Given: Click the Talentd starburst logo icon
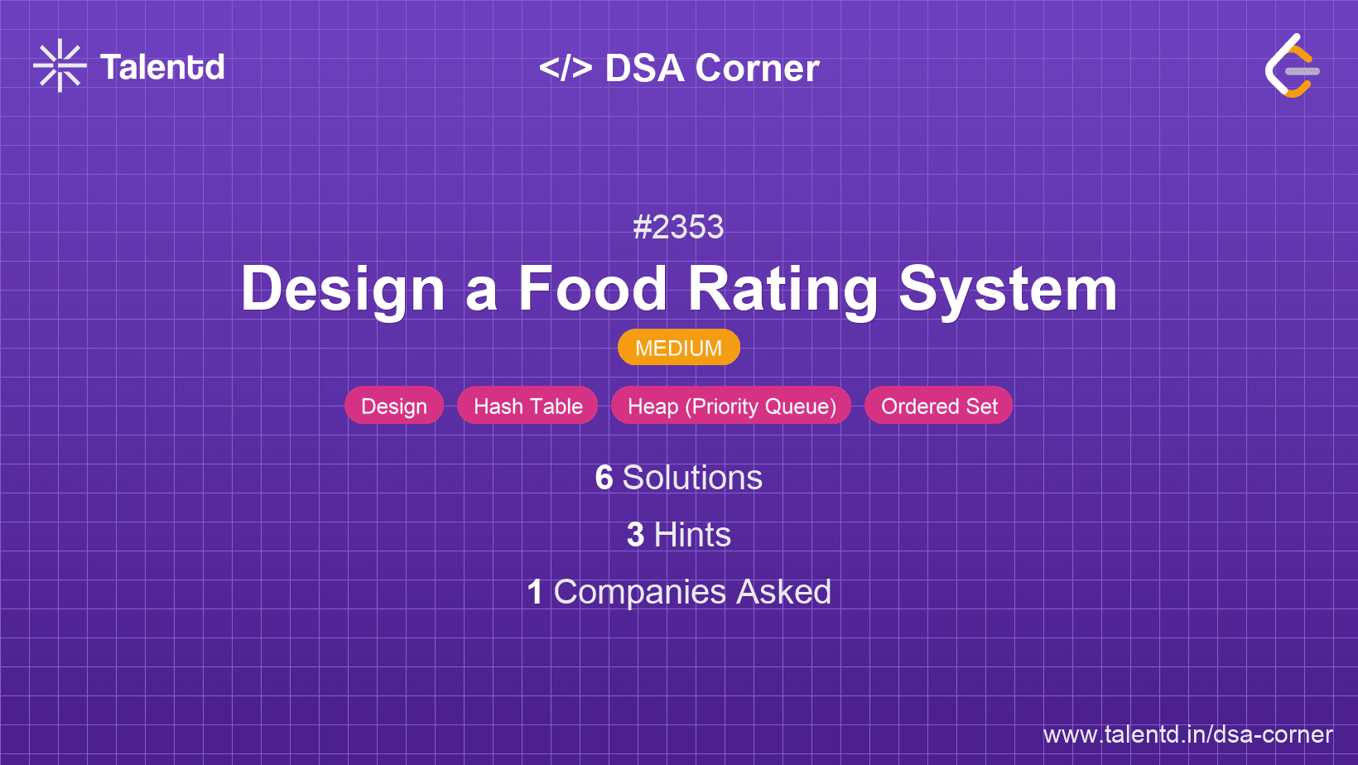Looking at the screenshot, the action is click(60, 65).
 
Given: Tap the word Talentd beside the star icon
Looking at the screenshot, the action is click(162, 67).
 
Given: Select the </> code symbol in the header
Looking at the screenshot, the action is click(566, 67).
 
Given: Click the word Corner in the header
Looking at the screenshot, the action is click(757, 68).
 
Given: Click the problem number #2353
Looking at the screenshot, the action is click(678, 228).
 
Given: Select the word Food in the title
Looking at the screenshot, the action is click(593, 289).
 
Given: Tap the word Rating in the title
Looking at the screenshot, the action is click(783, 291).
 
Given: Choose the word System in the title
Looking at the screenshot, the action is click(1008, 291).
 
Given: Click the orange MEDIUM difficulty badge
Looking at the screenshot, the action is click(679, 348).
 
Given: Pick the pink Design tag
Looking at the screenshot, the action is click(394, 406).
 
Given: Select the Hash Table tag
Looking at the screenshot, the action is click(527, 406).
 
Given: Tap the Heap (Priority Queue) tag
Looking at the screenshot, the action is click(731, 406).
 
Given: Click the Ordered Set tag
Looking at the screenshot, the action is click(938, 406).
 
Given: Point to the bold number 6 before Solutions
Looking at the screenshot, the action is click(604, 478).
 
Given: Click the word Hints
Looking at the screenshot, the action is click(692, 535).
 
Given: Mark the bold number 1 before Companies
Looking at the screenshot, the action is click(535, 592).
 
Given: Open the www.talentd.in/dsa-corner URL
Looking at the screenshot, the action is click(1187, 734).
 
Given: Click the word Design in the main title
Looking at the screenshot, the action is click(343, 291).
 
